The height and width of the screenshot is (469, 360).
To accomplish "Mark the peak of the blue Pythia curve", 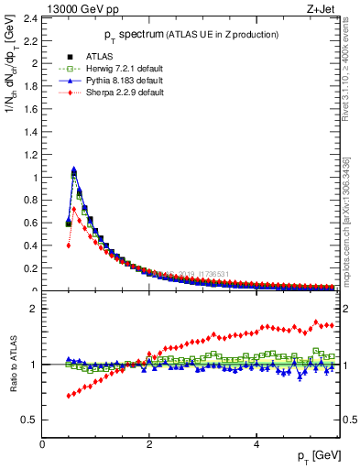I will pos(74,169).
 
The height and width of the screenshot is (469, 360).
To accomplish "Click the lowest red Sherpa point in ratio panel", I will pos(69,396).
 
